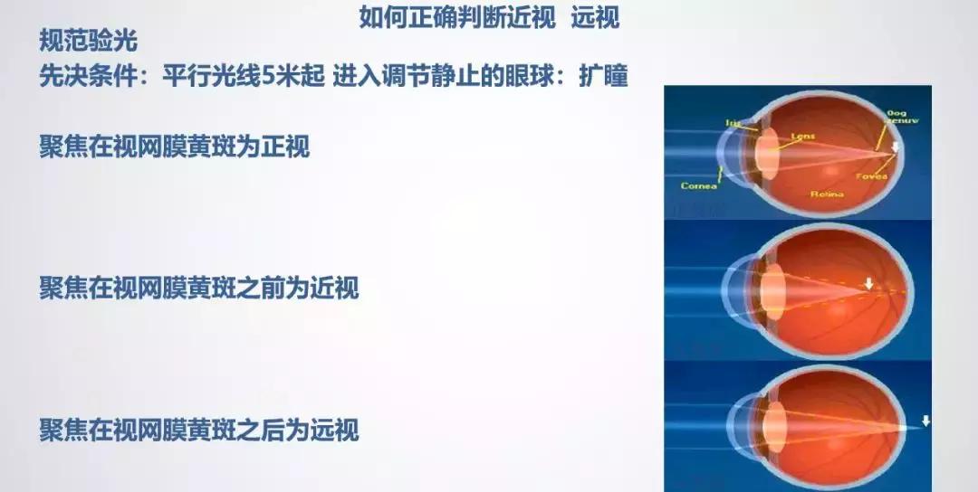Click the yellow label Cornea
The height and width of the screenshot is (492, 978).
click(x=700, y=186)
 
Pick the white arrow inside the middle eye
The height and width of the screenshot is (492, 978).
click(x=868, y=284)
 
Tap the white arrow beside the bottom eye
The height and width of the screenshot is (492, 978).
click(x=925, y=421)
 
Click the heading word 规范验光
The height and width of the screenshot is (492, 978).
click(x=89, y=41)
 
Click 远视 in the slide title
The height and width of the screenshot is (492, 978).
click(x=595, y=17)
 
